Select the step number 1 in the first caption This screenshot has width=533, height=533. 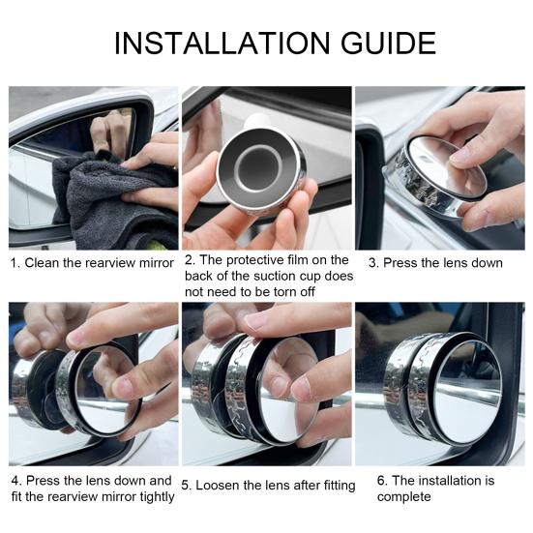[14, 263]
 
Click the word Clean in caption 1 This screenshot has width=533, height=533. [43, 263]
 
